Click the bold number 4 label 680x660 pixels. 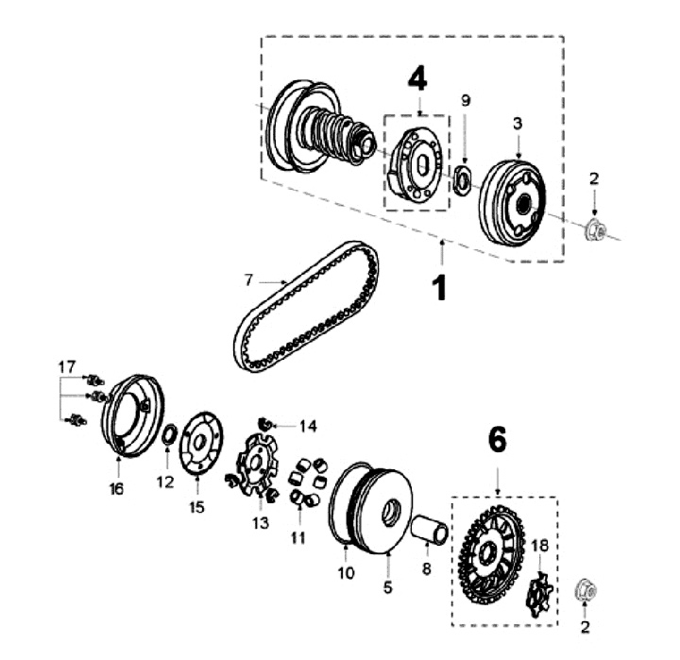[x=417, y=79]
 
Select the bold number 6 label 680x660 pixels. [x=497, y=439]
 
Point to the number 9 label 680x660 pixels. [x=465, y=100]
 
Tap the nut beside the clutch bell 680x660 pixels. [x=595, y=228]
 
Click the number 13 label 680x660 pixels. [x=260, y=522]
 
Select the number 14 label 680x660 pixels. [x=309, y=425]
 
